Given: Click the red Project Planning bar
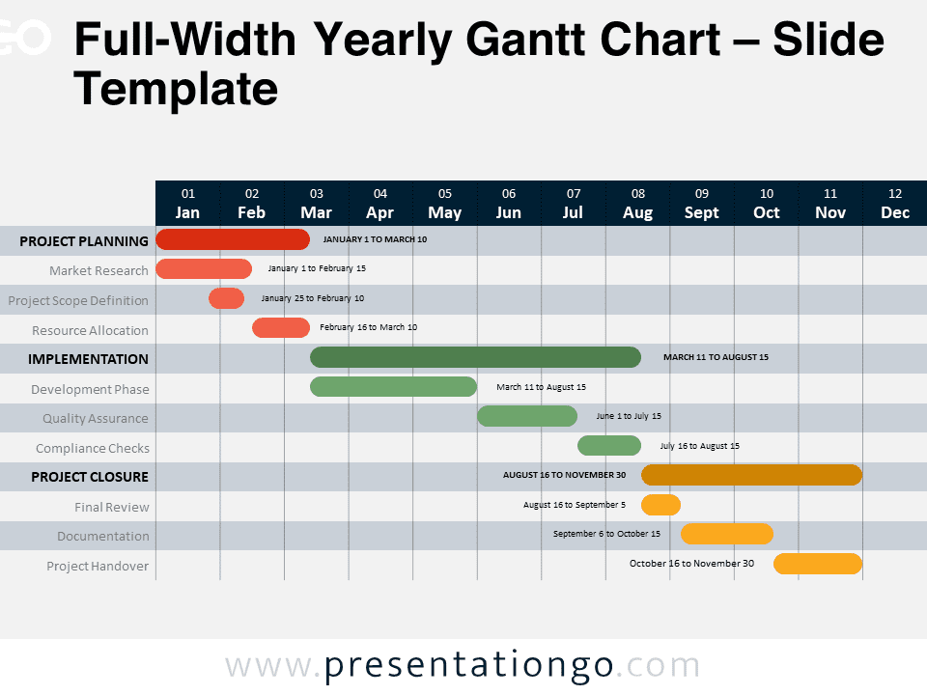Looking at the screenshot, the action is pos(233,239).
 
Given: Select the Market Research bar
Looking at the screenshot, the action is pos(204,269).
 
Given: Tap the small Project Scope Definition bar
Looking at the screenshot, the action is pos(226,298).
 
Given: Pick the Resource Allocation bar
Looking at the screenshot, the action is pos(281,327).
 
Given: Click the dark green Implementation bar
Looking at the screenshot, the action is pos(475,357).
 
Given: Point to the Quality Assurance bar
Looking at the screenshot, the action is pos(527,416).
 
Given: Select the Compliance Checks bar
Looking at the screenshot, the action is pos(609,446).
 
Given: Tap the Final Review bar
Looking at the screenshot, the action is pos(660,505).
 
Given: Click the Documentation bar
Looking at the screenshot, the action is pos(726,534).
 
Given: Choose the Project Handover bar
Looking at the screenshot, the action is pos(818,564).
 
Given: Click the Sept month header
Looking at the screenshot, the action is pos(702,212).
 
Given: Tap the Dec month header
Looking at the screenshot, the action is pos(895,212).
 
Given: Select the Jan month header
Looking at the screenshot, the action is pos(187,212).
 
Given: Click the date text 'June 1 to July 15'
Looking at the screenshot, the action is pos(629,416).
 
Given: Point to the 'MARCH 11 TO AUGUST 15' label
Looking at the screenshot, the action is pos(716,357).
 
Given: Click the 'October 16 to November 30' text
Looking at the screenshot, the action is pos(691,563).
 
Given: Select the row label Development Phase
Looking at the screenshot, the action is pos(90,389).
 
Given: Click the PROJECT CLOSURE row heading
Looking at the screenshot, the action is pos(90,477).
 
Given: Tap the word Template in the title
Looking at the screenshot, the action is pos(176,89).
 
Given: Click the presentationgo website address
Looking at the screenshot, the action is pos(463,665).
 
